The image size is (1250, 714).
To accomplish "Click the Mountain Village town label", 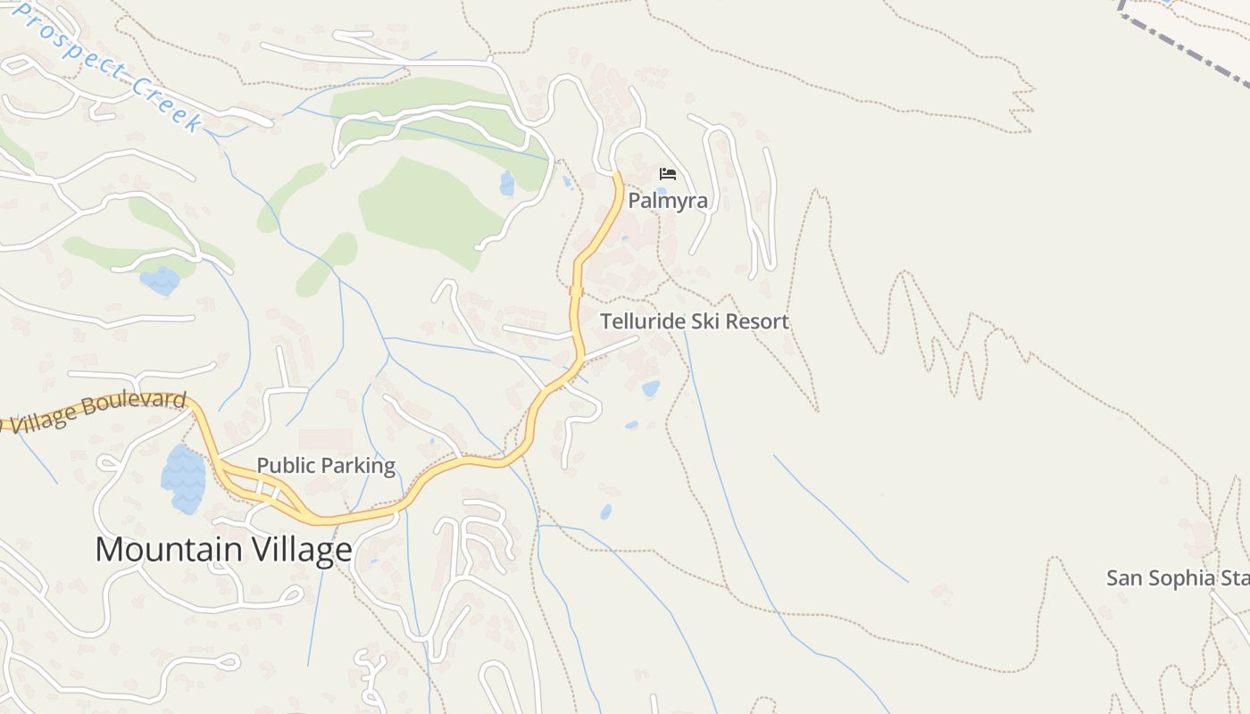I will point(223,549).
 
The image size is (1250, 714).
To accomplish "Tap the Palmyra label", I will point(668,201).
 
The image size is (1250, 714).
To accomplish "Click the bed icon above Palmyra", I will point(668,173).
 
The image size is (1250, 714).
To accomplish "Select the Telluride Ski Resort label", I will point(695,321).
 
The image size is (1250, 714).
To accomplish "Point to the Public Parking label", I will point(326,465).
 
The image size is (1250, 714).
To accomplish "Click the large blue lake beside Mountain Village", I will point(183,479).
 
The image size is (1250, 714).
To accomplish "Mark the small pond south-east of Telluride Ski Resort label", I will point(651,388).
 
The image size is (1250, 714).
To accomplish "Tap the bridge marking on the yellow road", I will point(576,291).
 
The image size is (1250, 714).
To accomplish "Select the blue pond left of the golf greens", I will point(160,281).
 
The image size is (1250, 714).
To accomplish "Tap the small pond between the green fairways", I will point(507,184).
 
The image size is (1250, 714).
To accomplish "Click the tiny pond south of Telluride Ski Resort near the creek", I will point(606,512).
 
